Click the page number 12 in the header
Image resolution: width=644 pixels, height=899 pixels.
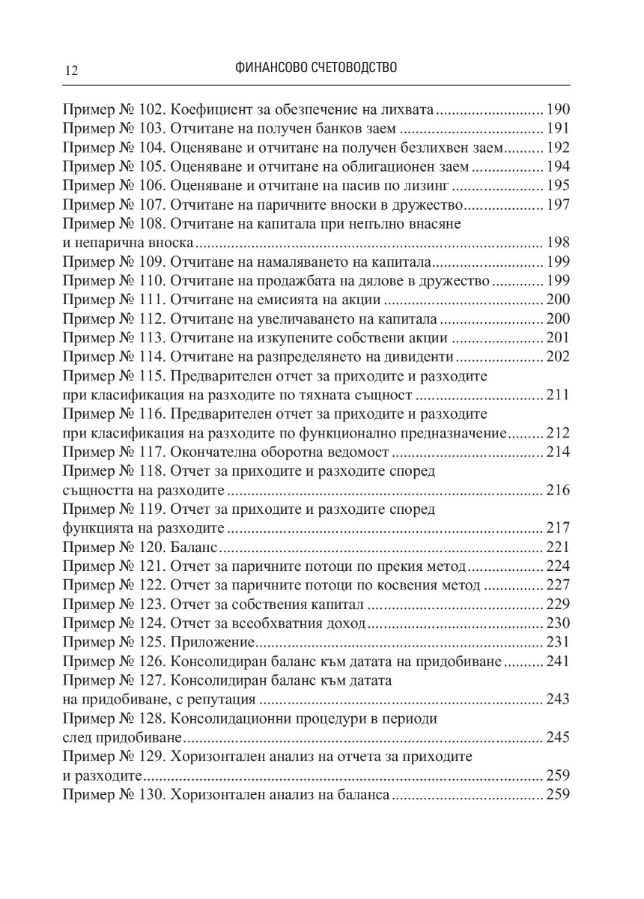click(72, 70)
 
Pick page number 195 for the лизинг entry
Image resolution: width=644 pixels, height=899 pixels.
click(559, 186)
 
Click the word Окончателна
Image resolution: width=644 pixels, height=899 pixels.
click(214, 452)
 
